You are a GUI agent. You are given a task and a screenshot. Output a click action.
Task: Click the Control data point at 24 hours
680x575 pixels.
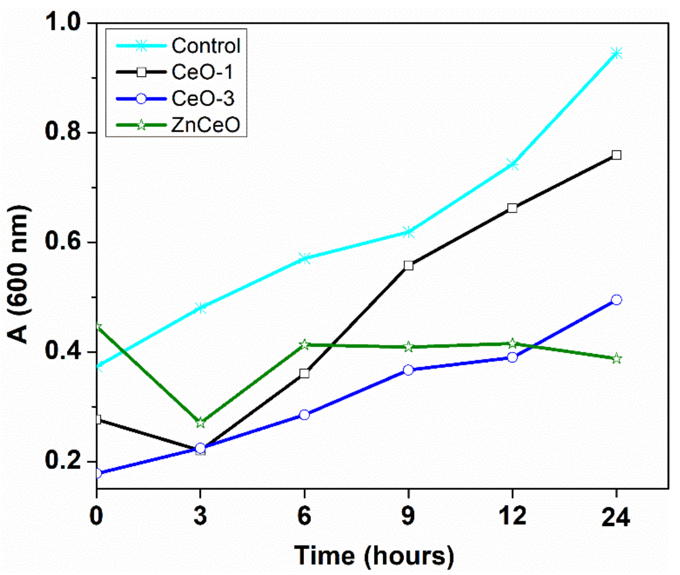point(616,53)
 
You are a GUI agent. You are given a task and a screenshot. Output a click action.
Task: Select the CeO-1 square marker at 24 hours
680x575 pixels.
point(616,155)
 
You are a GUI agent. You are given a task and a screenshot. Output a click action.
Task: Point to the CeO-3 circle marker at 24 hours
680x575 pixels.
point(616,299)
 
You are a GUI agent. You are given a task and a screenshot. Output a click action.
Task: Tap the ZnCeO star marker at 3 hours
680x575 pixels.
point(201,423)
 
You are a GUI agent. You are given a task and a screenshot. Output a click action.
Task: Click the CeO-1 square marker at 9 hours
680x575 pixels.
point(408,265)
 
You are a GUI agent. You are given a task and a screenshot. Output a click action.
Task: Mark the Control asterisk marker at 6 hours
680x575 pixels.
point(304,259)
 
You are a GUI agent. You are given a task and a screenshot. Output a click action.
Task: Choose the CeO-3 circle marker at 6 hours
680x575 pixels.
point(304,415)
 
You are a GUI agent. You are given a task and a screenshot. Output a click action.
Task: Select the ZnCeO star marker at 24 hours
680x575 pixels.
point(616,359)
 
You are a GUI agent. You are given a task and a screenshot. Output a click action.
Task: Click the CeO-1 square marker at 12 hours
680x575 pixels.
point(512,208)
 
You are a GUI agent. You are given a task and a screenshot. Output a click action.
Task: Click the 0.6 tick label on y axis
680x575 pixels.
point(62,242)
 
